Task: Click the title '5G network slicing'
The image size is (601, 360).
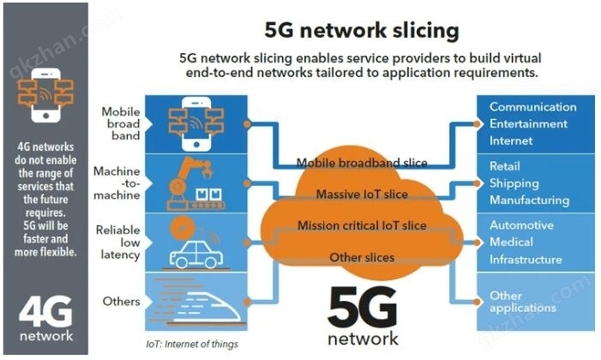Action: pos(362,31)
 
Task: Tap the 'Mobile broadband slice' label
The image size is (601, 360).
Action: pos(362,163)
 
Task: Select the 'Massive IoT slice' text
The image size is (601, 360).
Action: pos(362,195)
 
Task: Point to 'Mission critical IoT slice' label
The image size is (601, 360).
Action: pos(362,225)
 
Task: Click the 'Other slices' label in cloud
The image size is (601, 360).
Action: pos(362,257)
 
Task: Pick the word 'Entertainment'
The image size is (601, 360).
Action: pos(528,123)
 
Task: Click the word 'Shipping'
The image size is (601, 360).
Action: pos(514,183)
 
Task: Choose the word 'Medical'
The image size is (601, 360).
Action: pos(511,242)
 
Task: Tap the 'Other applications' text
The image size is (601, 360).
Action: pos(522,302)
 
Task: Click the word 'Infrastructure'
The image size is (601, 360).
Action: pos(526,260)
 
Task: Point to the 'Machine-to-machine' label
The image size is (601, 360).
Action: pos(117,183)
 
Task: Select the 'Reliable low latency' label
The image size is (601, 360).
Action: pos(118,243)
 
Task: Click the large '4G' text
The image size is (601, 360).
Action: pos(45,311)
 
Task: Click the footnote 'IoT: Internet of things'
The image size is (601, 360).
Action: pos(192,345)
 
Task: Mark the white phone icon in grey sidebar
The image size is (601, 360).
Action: pos(45,95)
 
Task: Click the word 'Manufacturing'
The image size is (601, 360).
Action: pos(529,201)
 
